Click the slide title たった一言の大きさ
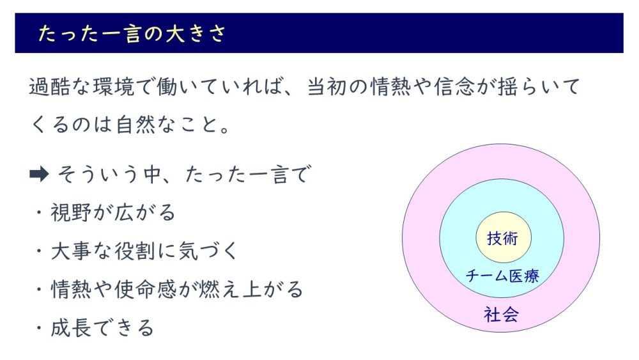(x=132, y=33)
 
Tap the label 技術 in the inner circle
(x=502, y=238)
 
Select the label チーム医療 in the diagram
(x=502, y=276)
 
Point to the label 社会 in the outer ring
(x=501, y=315)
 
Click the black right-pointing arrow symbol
(x=39, y=175)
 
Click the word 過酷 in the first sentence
(x=50, y=86)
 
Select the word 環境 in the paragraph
(x=114, y=86)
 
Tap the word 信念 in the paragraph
(x=454, y=86)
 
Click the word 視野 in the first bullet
(x=70, y=212)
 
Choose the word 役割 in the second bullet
(x=134, y=251)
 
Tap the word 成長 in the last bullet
(x=70, y=328)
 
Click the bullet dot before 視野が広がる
(x=39, y=213)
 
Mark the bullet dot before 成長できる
(x=39, y=328)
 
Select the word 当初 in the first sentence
(x=327, y=86)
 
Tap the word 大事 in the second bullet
(x=70, y=251)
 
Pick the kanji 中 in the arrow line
(x=153, y=175)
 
